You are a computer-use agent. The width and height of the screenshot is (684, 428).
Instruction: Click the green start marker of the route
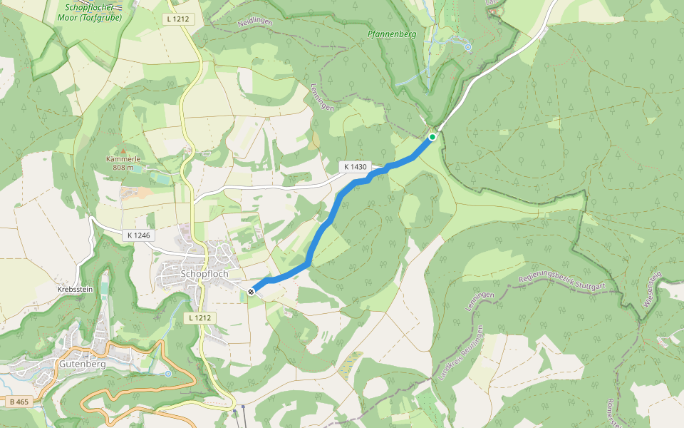tap(432, 136)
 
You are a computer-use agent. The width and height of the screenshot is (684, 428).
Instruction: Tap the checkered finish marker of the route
tap(252, 291)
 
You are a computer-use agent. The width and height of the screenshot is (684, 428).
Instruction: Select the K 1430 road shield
tap(355, 167)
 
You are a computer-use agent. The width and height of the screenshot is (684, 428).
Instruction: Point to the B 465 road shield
tap(19, 402)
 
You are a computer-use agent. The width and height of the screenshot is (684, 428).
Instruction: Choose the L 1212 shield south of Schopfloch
tap(202, 317)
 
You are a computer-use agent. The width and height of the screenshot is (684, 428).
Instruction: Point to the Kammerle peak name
tap(122, 158)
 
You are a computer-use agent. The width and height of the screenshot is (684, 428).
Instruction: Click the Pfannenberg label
tap(391, 34)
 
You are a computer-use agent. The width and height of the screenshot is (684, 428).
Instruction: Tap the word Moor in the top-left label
tap(78, 17)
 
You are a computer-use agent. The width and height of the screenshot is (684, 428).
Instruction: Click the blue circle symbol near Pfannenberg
tap(468, 47)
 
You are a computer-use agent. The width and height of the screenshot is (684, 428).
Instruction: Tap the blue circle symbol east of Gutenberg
tap(167, 373)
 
